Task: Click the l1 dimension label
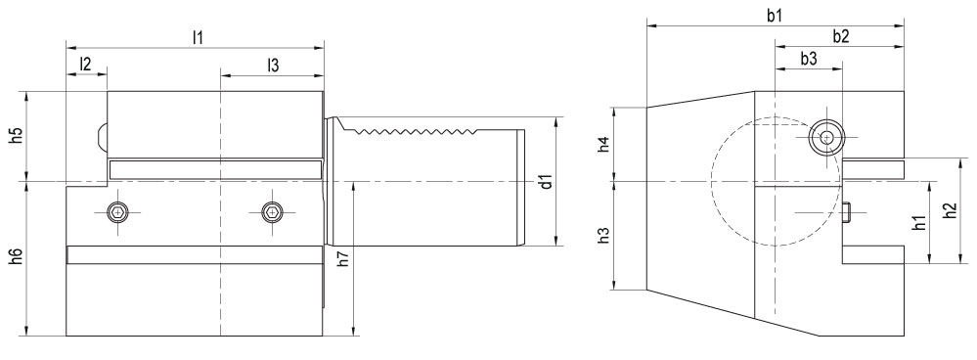click(199, 37)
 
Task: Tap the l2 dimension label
click(85, 64)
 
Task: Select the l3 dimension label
click(272, 65)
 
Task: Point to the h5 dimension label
click(17, 136)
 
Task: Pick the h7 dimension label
click(342, 258)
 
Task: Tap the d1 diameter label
click(547, 182)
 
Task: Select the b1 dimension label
click(775, 17)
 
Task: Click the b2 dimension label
click(840, 37)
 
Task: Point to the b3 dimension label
click(809, 59)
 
